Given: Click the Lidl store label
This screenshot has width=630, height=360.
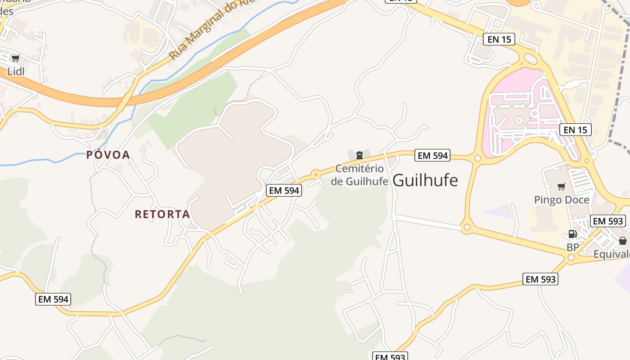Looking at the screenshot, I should tap(16, 71).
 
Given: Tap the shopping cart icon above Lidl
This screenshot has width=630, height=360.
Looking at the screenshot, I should tap(15, 58).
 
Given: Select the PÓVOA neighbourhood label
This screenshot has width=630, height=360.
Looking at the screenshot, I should tap(108, 155).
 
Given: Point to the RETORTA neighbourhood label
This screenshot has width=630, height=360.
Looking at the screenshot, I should tap(162, 214).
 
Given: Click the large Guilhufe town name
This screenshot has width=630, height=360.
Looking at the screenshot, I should tap(425, 180).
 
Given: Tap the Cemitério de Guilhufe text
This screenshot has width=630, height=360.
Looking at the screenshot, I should tap(360, 175).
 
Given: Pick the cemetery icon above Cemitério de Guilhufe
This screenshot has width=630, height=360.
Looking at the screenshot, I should tap(359, 156).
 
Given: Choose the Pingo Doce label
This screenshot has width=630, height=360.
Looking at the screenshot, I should tap(562, 199).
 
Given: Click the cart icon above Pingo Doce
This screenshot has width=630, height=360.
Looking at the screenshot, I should tap(561, 186).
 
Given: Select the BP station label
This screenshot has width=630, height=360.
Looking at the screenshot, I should tap(572, 247).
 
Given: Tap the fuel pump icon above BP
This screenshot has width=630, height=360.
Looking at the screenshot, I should tap(572, 234).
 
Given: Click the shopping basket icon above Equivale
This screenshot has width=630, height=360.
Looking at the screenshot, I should tap(623, 241).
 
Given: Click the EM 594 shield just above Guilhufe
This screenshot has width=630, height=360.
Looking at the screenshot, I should tap(432, 155).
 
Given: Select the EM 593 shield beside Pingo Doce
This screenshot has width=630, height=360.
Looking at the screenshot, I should tap(608, 221).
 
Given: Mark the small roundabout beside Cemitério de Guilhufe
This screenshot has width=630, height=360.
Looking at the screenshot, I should tap(316, 173).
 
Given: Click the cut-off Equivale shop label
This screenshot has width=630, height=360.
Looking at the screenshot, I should tap(612, 254).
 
